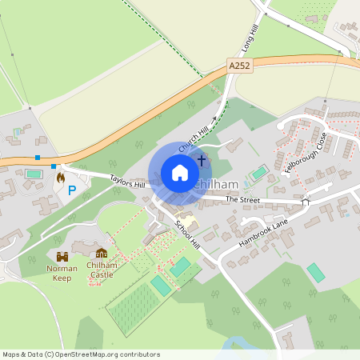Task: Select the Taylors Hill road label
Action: click(x=127, y=184)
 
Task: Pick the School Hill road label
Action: click(x=189, y=237)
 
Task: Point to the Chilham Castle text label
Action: click(x=101, y=270)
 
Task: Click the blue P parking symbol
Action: click(x=70, y=190)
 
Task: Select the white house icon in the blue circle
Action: click(x=179, y=173)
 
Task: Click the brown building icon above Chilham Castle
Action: click(x=101, y=253)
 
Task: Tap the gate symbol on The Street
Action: click(x=306, y=202)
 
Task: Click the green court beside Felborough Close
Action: click(x=259, y=172)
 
